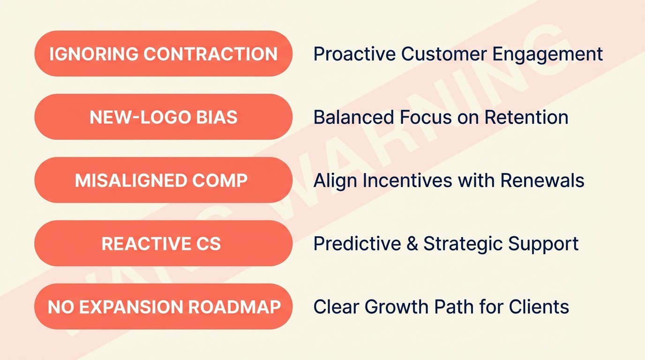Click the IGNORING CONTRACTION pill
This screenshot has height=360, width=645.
pyautogui.click(x=163, y=54)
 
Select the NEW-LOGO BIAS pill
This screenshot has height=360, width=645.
pyautogui.click(x=163, y=117)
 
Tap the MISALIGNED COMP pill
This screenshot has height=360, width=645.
pyautogui.click(x=163, y=180)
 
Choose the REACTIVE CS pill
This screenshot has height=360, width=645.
pyautogui.click(x=163, y=244)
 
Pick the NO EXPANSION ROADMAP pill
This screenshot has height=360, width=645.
pyautogui.click(x=163, y=307)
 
